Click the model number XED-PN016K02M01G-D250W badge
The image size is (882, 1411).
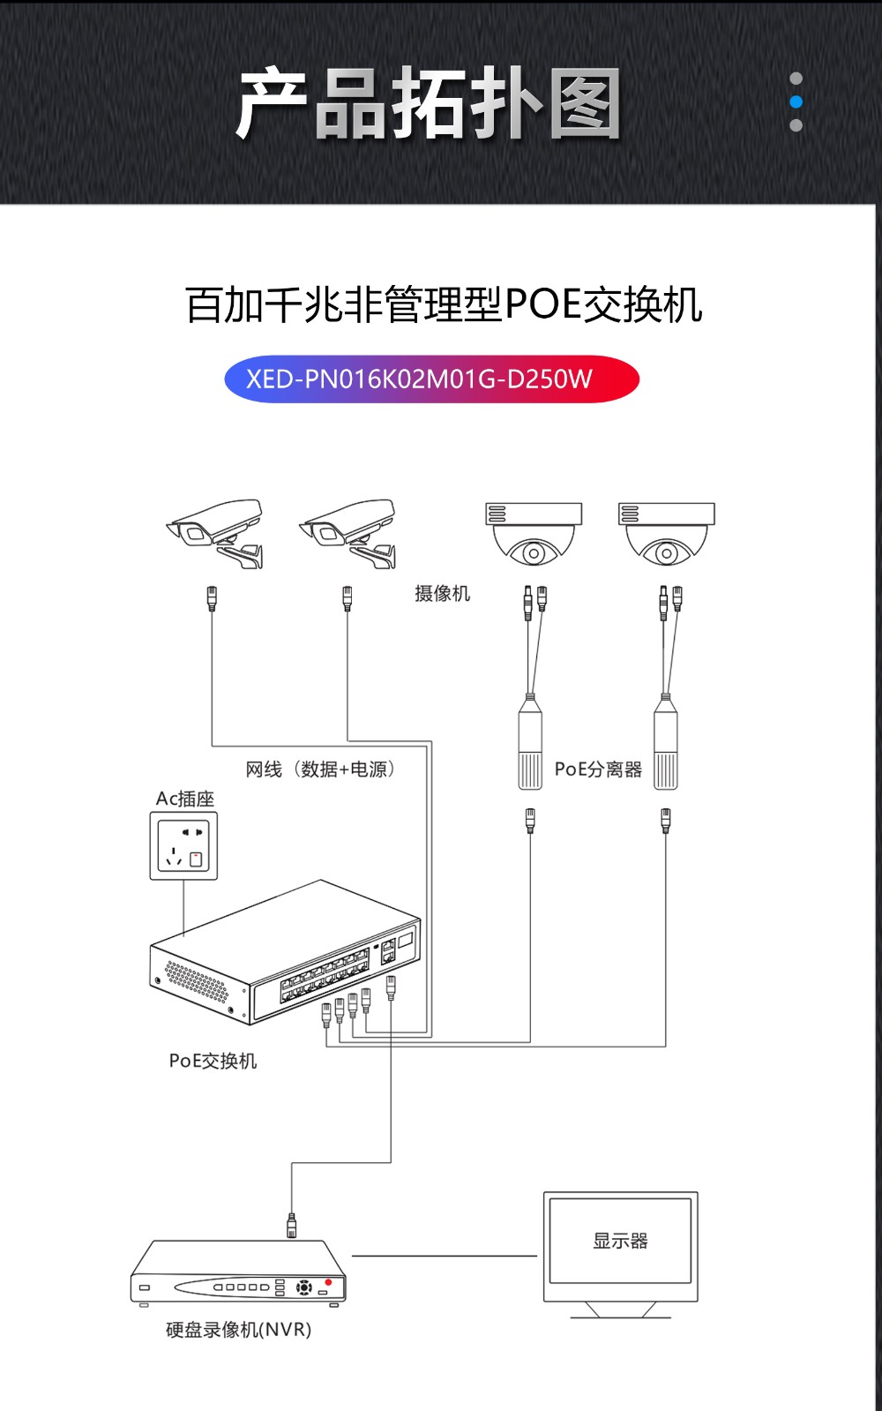(431, 379)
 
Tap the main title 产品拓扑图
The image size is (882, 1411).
(429, 104)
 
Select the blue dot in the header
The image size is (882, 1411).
(796, 101)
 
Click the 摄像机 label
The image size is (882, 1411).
(442, 594)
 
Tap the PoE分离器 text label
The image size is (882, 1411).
(598, 769)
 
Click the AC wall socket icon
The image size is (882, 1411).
(183, 846)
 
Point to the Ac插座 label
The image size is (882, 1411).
(185, 799)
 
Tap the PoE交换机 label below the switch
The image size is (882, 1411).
(213, 1061)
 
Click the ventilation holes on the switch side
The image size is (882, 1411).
(196, 980)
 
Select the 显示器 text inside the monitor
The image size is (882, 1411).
(620, 1241)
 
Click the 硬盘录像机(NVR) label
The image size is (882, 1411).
(238, 1330)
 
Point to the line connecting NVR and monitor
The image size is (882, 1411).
(444, 1256)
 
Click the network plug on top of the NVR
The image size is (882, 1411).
(292, 1225)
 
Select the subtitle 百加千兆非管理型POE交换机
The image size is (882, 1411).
(444, 305)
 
